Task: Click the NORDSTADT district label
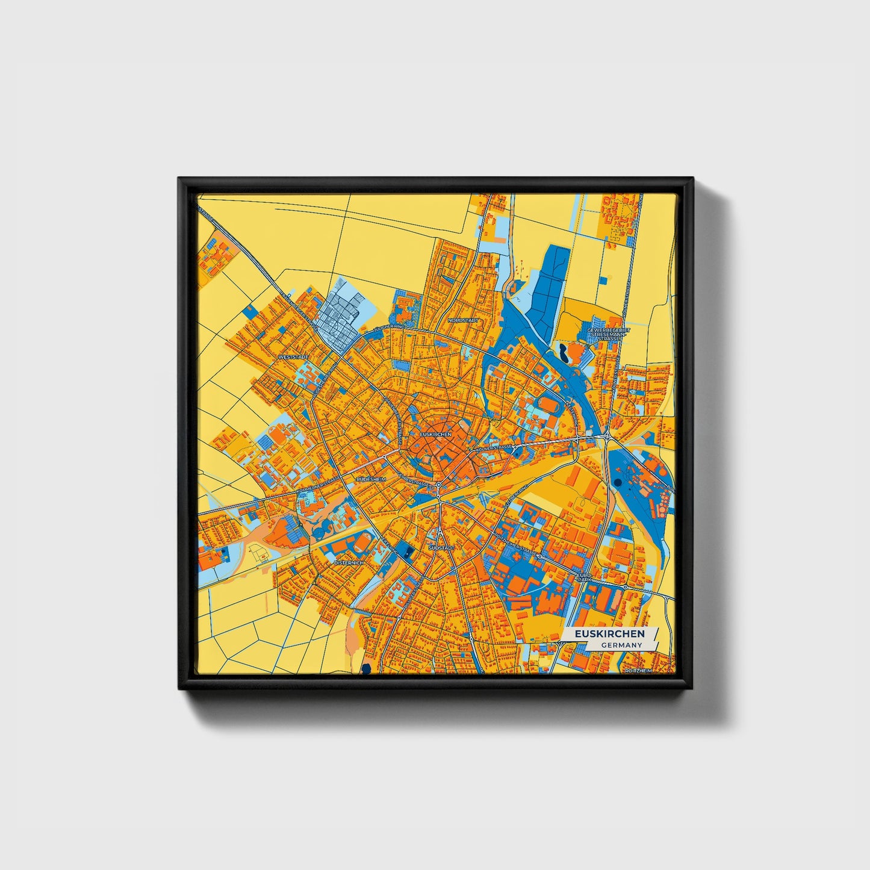point(463,320)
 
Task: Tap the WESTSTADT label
point(293,357)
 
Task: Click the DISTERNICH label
point(349,562)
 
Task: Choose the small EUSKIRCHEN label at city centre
point(435,434)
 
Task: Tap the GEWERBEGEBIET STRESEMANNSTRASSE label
point(601,335)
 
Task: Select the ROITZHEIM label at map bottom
point(638,670)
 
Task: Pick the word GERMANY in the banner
point(621,645)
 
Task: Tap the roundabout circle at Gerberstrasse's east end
point(439,485)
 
